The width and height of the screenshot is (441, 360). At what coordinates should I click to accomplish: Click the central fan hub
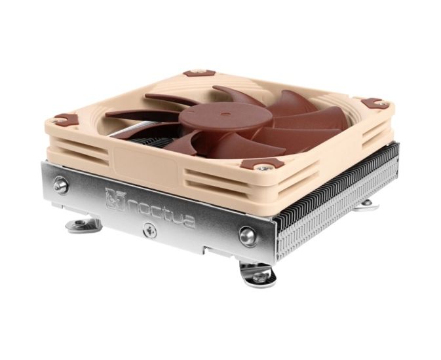[225, 117]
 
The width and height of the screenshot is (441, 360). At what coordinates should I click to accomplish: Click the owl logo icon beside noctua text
[115, 199]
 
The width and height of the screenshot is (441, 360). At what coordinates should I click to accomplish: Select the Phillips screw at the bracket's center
[149, 230]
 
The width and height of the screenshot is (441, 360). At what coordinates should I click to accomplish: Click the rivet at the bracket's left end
[61, 185]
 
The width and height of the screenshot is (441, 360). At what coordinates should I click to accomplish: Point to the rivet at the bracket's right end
[247, 236]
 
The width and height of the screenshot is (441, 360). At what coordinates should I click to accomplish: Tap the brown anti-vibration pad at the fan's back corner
[199, 73]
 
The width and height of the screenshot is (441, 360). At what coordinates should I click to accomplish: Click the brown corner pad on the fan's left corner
[66, 119]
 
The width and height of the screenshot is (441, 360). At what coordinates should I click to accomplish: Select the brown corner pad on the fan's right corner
[375, 103]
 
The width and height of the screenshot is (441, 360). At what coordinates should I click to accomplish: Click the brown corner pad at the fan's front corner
[263, 164]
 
